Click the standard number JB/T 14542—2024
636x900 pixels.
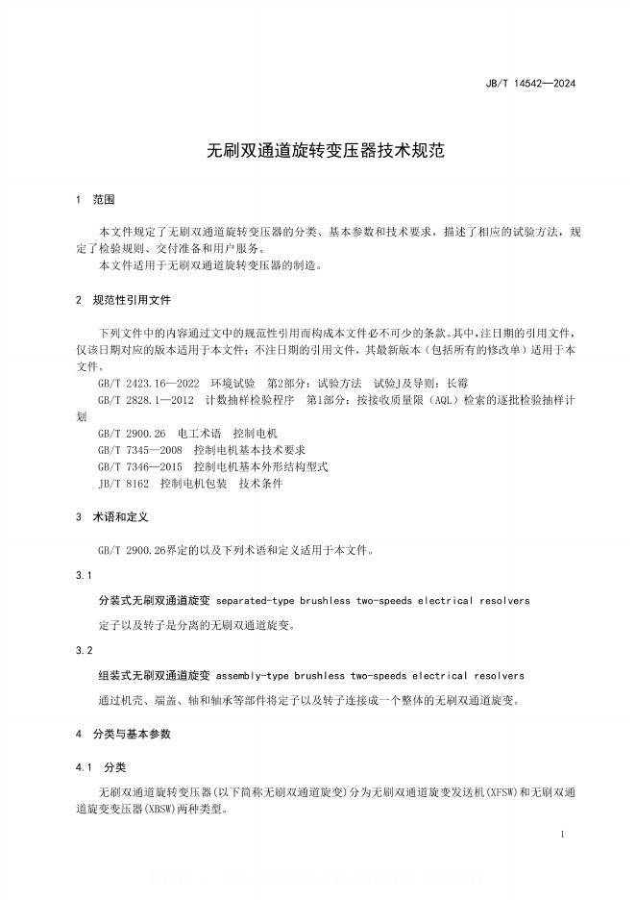[544, 84]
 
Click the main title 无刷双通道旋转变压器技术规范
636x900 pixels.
[317, 151]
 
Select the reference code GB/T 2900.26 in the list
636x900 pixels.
[133, 434]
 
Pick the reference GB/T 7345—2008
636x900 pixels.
[140, 450]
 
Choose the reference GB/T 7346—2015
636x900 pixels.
[140, 466]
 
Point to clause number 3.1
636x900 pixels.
[83, 575]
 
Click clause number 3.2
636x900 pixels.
[83, 651]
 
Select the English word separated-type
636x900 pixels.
[255, 601]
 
